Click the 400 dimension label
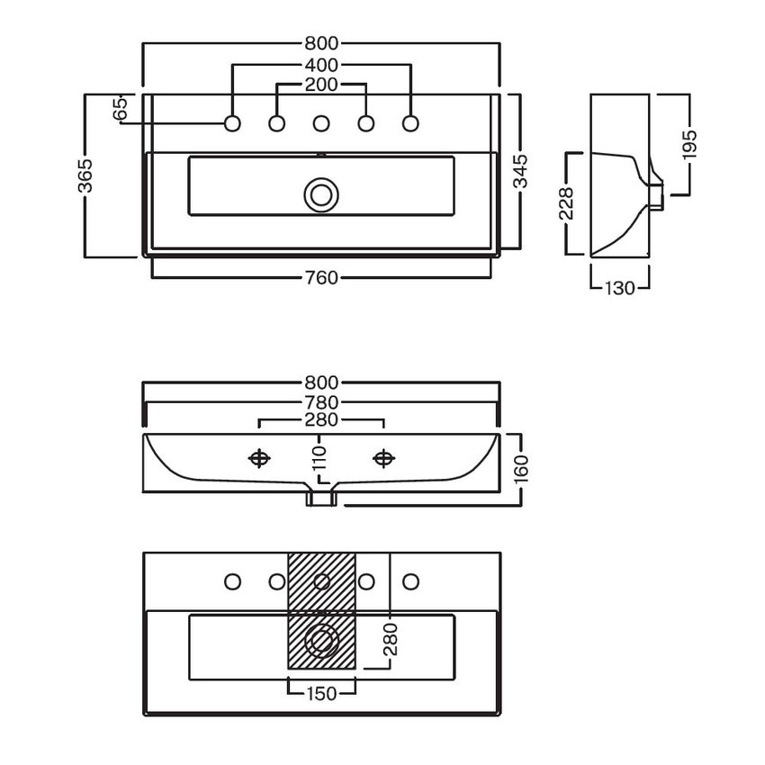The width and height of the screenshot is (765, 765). pyautogui.click(x=321, y=65)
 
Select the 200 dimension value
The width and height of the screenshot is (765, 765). pyautogui.click(x=321, y=85)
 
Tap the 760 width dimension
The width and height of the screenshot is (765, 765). pyautogui.click(x=321, y=277)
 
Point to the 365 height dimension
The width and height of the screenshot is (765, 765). pyautogui.click(x=85, y=175)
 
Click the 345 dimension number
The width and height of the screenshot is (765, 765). pyautogui.click(x=521, y=171)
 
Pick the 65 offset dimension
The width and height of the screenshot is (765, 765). pyautogui.click(x=120, y=108)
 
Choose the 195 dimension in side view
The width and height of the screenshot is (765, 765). pyautogui.click(x=689, y=144)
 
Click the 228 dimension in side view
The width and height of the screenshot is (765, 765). pyautogui.click(x=566, y=203)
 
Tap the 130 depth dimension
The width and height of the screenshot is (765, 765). pyautogui.click(x=620, y=288)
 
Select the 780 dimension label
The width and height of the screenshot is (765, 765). pyautogui.click(x=321, y=402)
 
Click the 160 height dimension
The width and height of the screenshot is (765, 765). pyautogui.click(x=521, y=468)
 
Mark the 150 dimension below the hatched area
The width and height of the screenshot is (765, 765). pyautogui.click(x=322, y=693)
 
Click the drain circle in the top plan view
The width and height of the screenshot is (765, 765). pyautogui.click(x=321, y=195)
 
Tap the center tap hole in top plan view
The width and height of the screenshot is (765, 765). pyautogui.click(x=321, y=123)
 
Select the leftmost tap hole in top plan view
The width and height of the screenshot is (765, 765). pyautogui.click(x=232, y=123)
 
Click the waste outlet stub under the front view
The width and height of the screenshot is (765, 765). pyautogui.click(x=320, y=498)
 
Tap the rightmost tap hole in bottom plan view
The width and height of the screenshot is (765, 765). pyautogui.click(x=410, y=581)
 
